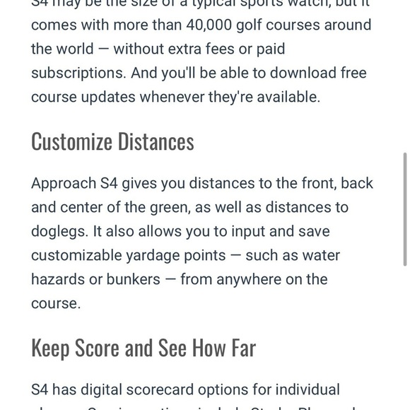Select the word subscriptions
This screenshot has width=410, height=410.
(74, 74)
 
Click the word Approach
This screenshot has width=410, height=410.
(62, 184)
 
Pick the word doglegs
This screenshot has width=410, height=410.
(59, 231)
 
